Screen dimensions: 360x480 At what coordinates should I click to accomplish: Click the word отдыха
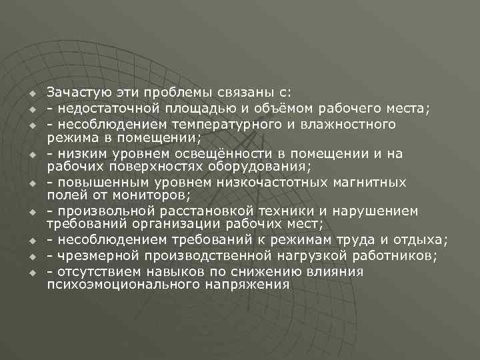424,240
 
